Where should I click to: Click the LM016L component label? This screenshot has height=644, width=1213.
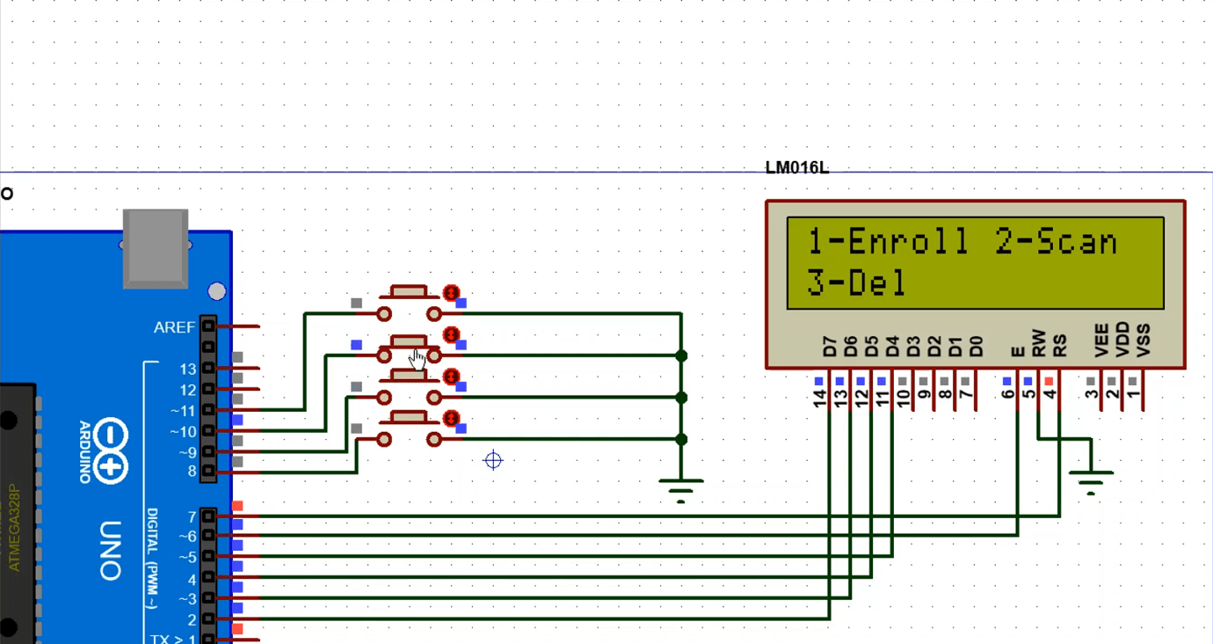[x=796, y=168]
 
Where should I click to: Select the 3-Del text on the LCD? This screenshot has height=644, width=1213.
[x=856, y=283]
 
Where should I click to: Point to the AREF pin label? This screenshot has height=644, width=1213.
[x=174, y=327]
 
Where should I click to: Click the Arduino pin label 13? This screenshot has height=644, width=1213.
[x=188, y=369]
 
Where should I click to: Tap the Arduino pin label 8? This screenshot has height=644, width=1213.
[x=192, y=472]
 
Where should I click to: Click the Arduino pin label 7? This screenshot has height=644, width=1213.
[x=192, y=516]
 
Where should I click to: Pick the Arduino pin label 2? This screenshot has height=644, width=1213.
[x=192, y=619]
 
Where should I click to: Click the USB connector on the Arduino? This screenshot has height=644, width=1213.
[x=156, y=248]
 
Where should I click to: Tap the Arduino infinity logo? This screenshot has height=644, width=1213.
[x=112, y=451]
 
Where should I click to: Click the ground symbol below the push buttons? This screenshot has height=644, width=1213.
[x=681, y=487]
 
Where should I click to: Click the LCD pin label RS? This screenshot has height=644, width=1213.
[x=1060, y=344]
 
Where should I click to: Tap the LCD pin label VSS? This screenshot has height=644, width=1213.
[x=1143, y=341]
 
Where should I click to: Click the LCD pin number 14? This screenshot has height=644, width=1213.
[x=821, y=399]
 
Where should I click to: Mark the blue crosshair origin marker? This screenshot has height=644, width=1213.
[x=493, y=460]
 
